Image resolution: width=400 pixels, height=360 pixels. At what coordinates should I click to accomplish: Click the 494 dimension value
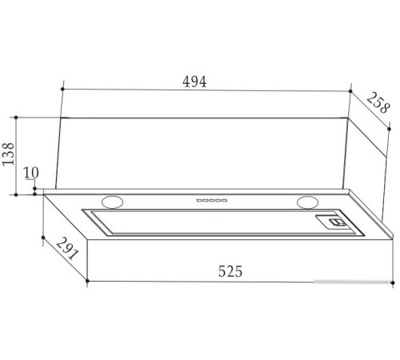[x=194, y=82]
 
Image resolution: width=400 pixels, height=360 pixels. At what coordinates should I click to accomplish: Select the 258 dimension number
[x=378, y=102]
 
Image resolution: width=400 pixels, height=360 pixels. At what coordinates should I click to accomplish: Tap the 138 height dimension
[x=8, y=154]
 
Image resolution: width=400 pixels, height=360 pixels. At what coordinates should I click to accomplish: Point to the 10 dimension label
[x=31, y=173]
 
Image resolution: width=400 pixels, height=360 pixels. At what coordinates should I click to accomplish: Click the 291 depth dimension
[x=67, y=249]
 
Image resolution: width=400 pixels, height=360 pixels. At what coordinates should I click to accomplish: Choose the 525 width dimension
[x=230, y=271]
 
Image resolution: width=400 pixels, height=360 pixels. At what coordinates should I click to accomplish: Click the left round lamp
[x=113, y=202]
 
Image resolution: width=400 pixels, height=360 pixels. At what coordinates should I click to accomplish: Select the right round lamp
[x=308, y=202]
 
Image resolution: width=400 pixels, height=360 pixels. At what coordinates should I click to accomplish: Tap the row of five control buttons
[x=212, y=200]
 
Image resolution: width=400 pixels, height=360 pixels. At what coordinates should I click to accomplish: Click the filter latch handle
[x=338, y=222]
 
